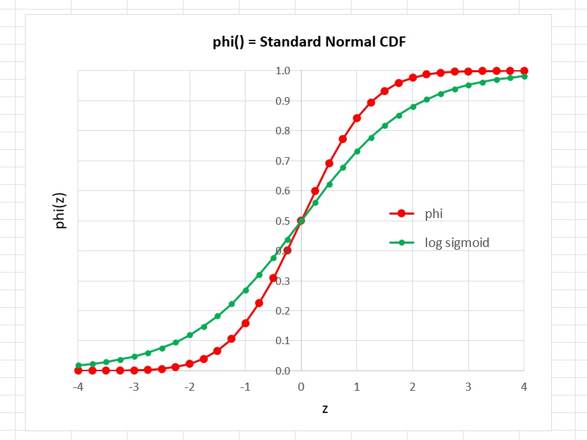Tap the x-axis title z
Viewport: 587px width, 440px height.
click(x=325, y=408)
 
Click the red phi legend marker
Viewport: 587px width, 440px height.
click(x=401, y=213)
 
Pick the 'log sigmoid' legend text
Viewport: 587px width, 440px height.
click(x=457, y=242)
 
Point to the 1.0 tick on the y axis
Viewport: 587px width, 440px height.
click(x=283, y=71)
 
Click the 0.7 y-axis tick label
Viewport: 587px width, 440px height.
click(x=283, y=161)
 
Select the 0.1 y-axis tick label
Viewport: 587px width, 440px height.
click(x=283, y=341)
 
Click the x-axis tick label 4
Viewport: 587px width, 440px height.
click(x=524, y=387)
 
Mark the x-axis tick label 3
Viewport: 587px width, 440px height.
click(x=468, y=387)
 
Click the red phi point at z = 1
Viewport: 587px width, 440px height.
click(x=357, y=118)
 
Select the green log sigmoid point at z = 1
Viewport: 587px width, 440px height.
click(x=357, y=151)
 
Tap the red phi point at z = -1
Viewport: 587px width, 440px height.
click(x=246, y=323)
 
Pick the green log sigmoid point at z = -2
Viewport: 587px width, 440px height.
click(x=190, y=335)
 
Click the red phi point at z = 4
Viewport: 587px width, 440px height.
click(x=524, y=71)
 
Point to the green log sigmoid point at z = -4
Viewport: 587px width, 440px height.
click(x=78, y=365)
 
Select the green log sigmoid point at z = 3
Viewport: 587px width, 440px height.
click(x=468, y=85)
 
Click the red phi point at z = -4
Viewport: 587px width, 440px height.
click(x=78, y=370)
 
